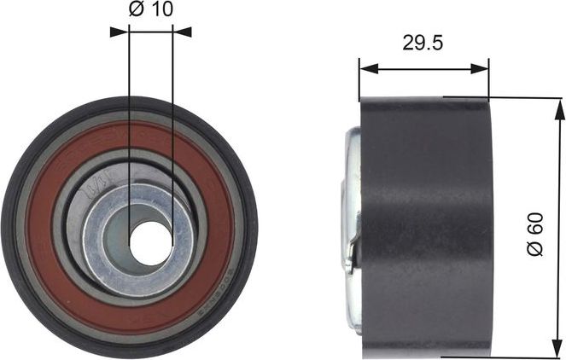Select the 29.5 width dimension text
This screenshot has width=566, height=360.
pyautogui.click(x=423, y=44)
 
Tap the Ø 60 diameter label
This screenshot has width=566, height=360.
pyautogui.click(x=535, y=236)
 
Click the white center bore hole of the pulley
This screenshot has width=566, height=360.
pyautogui.click(x=150, y=242)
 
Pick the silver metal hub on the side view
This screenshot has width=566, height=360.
pyautogui.click(x=350, y=200)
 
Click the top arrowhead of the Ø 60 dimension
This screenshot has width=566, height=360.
pyautogui.click(x=560, y=104)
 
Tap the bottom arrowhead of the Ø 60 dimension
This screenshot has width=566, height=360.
pyautogui.click(x=560, y=351)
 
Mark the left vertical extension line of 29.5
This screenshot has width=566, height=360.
pyautogui.click(x=359, y=81)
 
